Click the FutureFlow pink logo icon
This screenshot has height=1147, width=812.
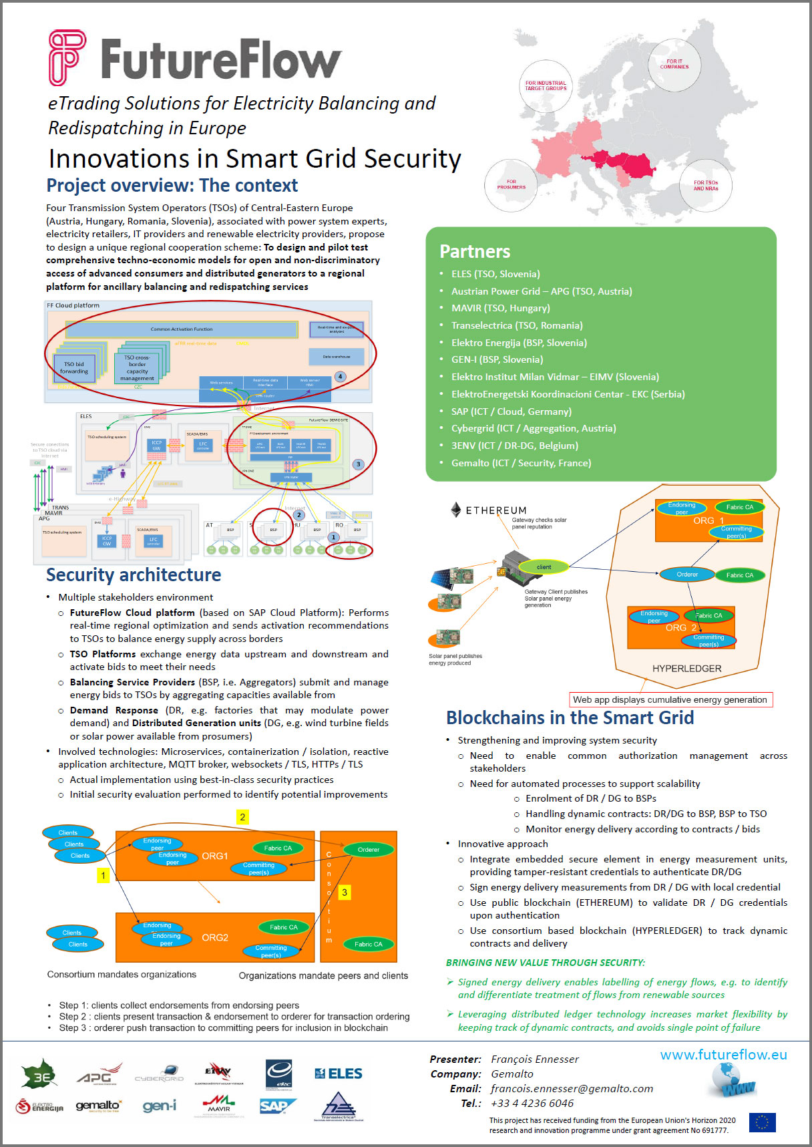coord(67,57)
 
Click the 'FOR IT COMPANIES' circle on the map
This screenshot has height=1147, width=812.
coord(674,64)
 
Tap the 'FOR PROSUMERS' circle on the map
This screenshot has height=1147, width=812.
coord(511,184)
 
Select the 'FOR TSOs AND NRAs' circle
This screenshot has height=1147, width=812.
coord(705,185)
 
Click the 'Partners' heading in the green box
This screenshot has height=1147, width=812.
coord(474,252)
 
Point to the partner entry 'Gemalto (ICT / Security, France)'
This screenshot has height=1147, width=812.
coord(521,463)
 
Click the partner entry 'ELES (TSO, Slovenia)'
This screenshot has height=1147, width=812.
coord(495,274)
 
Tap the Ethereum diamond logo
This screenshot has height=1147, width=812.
coord(455,510)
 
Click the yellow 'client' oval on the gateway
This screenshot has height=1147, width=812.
coord(544,567)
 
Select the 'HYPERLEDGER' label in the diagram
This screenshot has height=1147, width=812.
coord(686,669)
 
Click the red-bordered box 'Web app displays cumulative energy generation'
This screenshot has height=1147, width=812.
coord(670,700)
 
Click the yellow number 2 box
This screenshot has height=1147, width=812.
coord(242,817)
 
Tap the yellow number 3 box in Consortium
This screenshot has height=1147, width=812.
coord(345,892)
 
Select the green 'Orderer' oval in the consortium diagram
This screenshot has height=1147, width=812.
coord(368,850)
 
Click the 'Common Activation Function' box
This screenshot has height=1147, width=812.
coord(182,329)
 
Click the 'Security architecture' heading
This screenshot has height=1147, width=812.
coord(134,575)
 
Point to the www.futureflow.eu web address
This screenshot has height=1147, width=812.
coord(723,1055)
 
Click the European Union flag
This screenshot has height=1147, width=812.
coord(762,1122)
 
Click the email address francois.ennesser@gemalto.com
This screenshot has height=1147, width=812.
coord(572,1089)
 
